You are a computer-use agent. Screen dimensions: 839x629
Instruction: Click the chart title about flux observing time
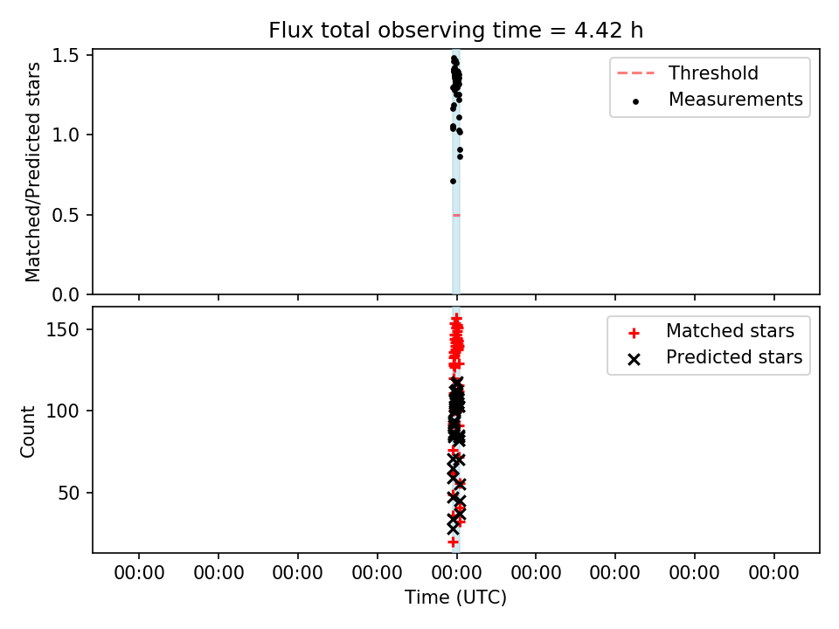click(x=456, y=31)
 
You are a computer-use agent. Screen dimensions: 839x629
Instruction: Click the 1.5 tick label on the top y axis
click(x=66, y=56)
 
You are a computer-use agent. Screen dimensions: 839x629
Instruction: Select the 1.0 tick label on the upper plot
click(x=66, y=135)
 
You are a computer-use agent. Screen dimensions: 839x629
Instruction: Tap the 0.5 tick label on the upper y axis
click(x=66, y=215)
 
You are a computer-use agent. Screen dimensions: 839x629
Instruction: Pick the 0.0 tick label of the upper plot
click(x=66, y=294)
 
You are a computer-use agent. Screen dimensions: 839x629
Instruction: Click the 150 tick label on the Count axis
click(x=63, y=329)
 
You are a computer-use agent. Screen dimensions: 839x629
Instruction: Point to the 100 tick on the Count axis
click(x=63, y=411)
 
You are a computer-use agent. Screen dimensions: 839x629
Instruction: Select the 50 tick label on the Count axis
click(x=68, y=493)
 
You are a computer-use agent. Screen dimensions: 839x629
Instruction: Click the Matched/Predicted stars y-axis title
click(x=32, y=172)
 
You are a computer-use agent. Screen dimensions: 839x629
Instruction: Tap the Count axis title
click(x=27, y=431)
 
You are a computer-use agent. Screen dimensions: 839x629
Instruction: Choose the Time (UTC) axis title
click(x=455, y=598)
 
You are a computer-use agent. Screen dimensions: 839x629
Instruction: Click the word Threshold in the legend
click(x=713, y=73)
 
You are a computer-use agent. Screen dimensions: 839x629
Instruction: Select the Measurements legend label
click(x=736, y=100)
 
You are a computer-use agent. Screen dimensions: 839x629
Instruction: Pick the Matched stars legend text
click(x=730, y=331)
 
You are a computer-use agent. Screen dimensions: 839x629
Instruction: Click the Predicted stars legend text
click(x=734, y=357)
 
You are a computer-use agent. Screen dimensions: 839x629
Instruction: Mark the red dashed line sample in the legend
click(x=635, y=73)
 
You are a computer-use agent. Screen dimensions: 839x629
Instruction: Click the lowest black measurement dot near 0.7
click(x=454, y=182)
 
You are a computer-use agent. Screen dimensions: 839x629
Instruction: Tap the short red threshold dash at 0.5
click(x=456, y=215)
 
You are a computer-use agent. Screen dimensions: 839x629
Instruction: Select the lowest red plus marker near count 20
click(x=454, y=543)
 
